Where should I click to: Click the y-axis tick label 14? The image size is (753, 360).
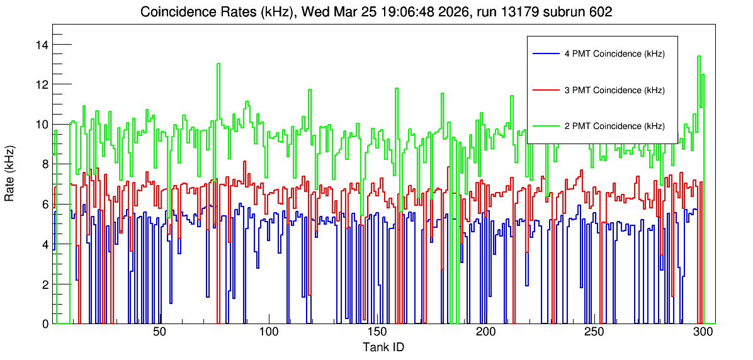point(42,45)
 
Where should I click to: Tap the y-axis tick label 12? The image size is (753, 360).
point(42,84)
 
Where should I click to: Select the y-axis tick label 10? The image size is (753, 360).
point(42,125)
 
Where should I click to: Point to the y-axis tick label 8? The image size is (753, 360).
point(45,164)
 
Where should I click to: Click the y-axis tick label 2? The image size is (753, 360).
point(45,284)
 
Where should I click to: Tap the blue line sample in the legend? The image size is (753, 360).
point(546,54)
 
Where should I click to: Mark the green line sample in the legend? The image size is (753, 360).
point(546,127)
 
